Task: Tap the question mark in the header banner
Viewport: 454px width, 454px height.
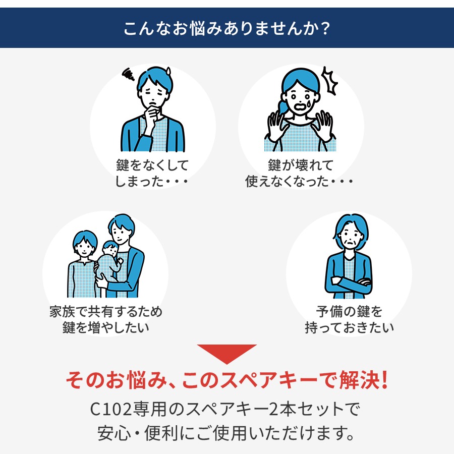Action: (x=325, y=29)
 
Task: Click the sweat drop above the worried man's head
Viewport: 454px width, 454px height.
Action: (x=168, y=71)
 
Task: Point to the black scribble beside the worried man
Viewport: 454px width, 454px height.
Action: (x=128, y=75)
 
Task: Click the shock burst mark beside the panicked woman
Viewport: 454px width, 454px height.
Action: (x=330, y=81)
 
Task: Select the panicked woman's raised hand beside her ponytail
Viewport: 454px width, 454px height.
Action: (x=275, y=126)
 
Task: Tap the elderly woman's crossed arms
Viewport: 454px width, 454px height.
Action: (x=351, y=283)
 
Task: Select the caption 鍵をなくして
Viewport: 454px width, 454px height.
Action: (x=152, y=165)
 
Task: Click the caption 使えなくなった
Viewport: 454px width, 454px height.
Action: (x=287, y=182)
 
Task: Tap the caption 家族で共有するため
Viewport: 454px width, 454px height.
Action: (x=106, y=312)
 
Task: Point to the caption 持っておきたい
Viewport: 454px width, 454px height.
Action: (x=349, y=327)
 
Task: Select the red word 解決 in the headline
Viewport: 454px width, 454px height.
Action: (x=359, y=379)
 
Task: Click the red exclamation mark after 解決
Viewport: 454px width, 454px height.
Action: (x=384, y=379)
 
